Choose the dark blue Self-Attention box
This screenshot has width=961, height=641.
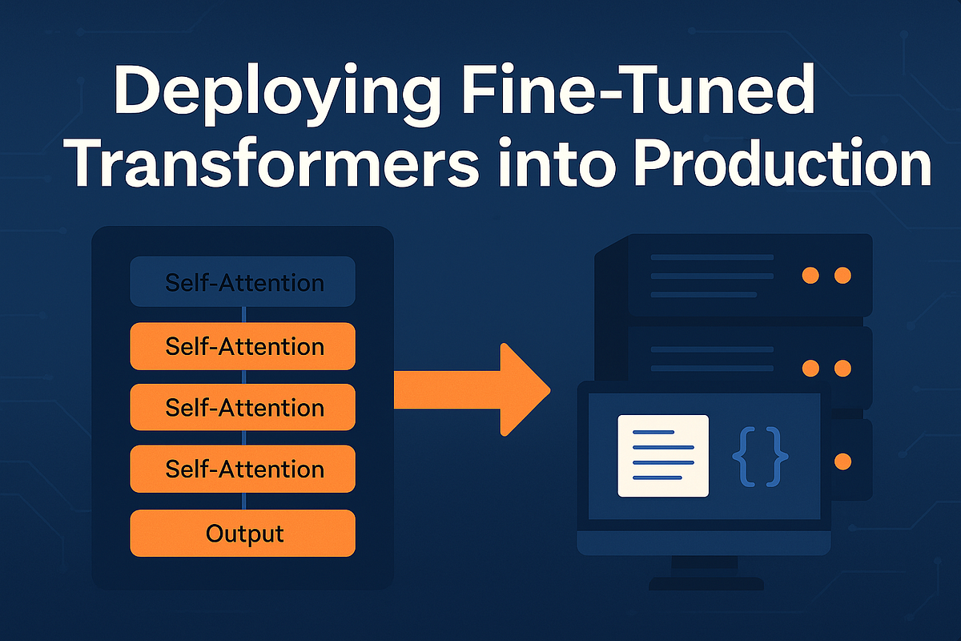tap(243, 282)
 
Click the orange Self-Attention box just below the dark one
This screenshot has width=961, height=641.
tap(243, 346)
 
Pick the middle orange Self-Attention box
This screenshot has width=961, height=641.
tap(243, 407)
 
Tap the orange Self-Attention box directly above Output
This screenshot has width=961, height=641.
tap(243, 468)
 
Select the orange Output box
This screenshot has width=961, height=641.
tap(243, 533)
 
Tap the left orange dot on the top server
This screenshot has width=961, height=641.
tap(810, 276)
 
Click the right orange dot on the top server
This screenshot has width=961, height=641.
tap(842, 276)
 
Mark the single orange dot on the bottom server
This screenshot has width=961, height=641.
tap(842, 462)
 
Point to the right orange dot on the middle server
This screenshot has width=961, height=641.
tap(842, 369)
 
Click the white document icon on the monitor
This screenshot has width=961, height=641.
tap(663, 456)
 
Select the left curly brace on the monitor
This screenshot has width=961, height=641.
tap(743, 456)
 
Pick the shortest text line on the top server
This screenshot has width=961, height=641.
tap(704, 294)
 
